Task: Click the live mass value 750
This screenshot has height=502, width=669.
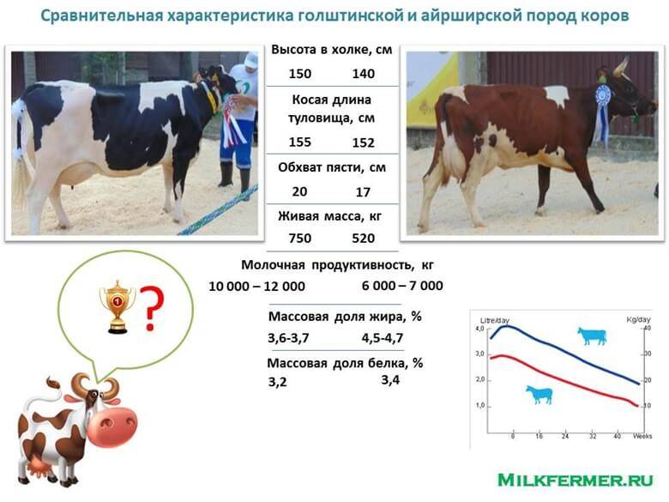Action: pos(300,239)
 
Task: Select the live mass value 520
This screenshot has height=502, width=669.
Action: pos(363,239)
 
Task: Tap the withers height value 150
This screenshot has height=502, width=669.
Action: pos(300,74)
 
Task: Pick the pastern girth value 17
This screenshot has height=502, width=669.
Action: pos(363,192)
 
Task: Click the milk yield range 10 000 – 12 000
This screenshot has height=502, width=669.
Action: pos(256,286)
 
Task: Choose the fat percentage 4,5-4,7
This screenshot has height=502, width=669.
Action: pos(383,338)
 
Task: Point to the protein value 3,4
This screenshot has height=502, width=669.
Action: pos(390,379)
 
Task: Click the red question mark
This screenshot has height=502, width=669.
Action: pos(152,309)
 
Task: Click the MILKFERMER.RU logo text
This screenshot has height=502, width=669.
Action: pos(576,480)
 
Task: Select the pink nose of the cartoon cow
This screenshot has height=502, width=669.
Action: pos(112,426)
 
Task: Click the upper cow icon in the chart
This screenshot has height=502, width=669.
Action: pos(592,336)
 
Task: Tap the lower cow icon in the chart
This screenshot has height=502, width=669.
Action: pos(539,395)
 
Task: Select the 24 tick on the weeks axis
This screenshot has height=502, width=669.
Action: pos(565,436)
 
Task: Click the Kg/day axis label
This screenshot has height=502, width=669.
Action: pos(638,320)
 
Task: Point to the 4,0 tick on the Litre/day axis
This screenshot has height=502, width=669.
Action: pos(479,329)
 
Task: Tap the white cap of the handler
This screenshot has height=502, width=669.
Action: pos(250,59)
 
